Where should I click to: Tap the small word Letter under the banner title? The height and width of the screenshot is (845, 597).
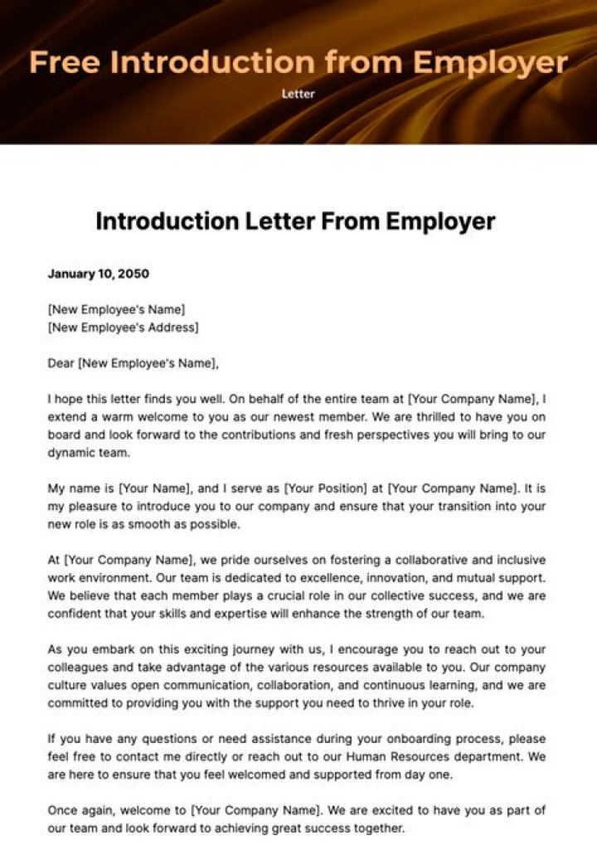pyautogui.click(x=298, y=95)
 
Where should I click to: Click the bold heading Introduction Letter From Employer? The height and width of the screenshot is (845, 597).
pyautogui.click(x=295, y=221)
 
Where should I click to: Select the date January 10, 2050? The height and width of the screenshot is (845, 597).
pyautogui.click(x=99, y=274)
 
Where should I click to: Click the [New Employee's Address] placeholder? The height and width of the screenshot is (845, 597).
pyautogui.click(x=124, y=327)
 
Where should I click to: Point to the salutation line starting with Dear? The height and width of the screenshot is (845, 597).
pyautogui.click(x=133, y=362)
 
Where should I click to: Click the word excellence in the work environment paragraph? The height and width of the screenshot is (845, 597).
pyautogui.click(x=306, y=577)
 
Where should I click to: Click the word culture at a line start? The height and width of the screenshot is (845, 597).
pyautogui.click(x=66, y=687)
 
